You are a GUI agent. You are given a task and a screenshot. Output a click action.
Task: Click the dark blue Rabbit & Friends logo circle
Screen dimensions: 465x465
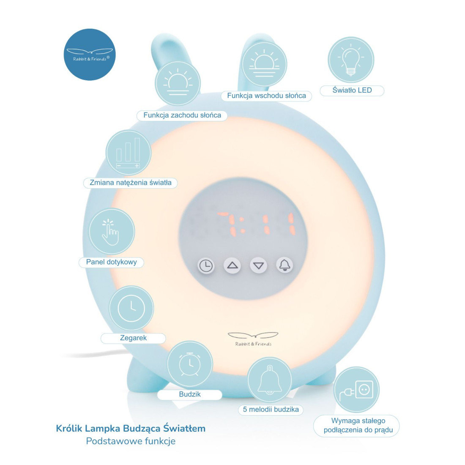(x=90, y=55)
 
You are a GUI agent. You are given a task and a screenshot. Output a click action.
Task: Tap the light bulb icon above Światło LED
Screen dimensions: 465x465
(x=351, y=60)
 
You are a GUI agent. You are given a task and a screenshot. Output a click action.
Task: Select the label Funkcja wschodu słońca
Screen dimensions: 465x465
(x=266, y=96)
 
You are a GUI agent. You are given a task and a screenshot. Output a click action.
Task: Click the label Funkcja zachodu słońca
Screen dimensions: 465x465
(x=182, y=115)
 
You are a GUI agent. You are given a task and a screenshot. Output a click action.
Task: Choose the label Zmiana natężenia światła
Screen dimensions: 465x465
(x=130, y=183)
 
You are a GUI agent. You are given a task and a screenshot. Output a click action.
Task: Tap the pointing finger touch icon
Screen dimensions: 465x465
(x=111, y=232)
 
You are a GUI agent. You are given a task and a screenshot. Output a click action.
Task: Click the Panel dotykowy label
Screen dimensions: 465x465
(x=111, y=262)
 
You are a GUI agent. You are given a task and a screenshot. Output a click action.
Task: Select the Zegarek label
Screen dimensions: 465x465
(x=133, y=338)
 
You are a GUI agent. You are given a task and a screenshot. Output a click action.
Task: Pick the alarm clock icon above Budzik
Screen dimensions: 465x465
(x=190, y=364)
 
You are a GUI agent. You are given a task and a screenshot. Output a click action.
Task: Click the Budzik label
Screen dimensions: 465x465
(x=189, y=394)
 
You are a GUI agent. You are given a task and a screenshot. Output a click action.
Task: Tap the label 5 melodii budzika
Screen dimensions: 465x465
(x=271, y=410)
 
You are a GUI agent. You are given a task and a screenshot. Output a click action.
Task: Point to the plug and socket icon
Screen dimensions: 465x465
(x=356, y=390)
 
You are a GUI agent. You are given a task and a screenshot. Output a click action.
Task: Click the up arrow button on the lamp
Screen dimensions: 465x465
(x=232, y=265)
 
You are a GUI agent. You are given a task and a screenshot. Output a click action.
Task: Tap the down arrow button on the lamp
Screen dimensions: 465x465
(x=258, y=265)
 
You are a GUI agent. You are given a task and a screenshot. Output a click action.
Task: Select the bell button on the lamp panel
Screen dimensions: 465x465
(x=284, y=265)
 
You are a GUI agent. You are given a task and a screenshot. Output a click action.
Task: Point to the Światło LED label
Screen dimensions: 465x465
(x=352, y=90)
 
